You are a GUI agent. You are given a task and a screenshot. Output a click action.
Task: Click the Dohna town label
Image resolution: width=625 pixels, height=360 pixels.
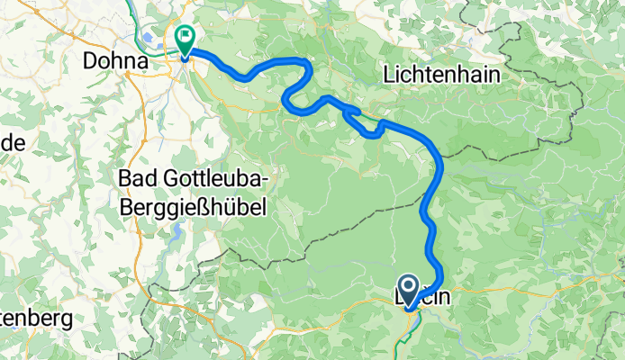[x=114, y=60]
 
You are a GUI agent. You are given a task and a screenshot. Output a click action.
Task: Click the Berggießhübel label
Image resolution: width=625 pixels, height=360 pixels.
[x=194, y=207]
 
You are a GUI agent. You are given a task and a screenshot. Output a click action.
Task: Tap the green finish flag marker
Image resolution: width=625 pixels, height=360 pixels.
[x=186, y=38]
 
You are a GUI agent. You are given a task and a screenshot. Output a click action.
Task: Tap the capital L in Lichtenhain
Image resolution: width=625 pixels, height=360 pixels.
[x=390, y=75]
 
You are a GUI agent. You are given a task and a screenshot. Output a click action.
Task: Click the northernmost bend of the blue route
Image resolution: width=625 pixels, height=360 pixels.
[x=297, y=59]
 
